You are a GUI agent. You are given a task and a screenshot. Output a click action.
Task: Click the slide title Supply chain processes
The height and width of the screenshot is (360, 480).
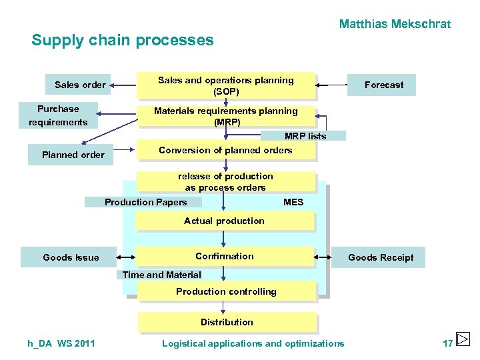[x=123, y=40]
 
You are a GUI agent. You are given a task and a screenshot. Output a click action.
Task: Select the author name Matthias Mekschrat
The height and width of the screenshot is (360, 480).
[x=395, y=24]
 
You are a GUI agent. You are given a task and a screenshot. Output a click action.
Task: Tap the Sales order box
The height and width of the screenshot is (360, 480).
[x=80, y=85]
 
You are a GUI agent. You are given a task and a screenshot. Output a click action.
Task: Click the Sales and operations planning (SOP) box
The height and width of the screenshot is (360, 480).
[x=225, y=85]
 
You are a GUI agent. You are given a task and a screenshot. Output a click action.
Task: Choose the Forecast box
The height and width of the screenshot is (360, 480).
[x=383, y=85]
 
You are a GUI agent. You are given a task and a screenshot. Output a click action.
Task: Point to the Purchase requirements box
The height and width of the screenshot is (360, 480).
[x=58, y=115]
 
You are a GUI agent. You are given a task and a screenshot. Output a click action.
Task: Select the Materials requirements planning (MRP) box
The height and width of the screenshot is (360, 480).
[x=225, y=117]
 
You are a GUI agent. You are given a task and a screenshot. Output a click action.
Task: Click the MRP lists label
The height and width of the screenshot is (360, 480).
[x=304, y=136]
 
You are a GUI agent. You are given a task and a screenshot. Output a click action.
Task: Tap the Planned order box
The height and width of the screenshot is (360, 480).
[x=73, y=155]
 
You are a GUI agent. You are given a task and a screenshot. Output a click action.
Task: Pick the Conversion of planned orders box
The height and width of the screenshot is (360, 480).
[x=225, y=151]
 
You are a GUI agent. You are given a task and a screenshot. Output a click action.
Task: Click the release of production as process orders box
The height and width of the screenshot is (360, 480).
[x=225, y=182]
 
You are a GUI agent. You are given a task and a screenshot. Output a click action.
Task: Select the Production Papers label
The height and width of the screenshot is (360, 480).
[x=145, y=202]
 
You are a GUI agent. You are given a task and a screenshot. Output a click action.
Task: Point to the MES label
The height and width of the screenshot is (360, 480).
[x=293, y=202]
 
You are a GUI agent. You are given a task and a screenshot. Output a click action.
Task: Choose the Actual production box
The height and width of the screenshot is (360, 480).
[x=225, y=221]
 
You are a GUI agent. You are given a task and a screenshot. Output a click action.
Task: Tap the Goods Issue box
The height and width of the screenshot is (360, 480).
[x=71, y=257]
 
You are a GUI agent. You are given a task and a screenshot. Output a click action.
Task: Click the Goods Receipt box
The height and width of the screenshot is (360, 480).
[x=381, y=257]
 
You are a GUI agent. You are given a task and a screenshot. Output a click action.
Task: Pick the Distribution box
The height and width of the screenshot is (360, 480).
[x=227, y=322]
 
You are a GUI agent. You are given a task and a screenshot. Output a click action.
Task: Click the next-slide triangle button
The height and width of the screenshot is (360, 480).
[x=463, y=338]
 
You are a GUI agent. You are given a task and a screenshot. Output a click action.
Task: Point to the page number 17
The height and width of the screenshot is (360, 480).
[x=447, y=343]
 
